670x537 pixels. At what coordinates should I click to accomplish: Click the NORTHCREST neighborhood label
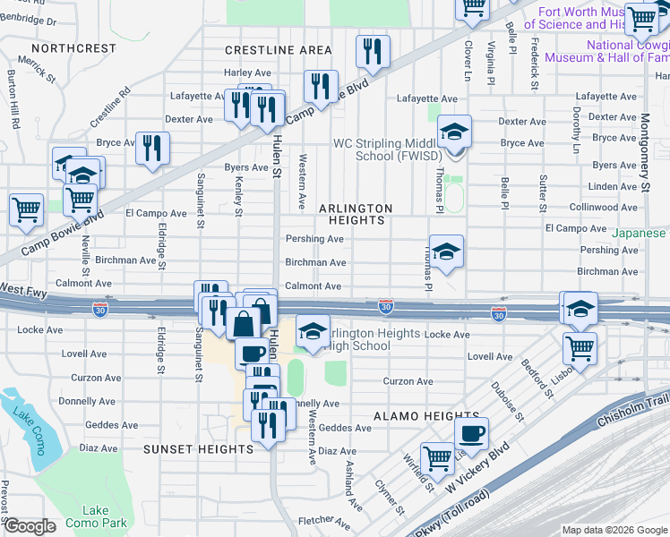73,47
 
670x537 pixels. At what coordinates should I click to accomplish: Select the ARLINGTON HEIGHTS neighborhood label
356,214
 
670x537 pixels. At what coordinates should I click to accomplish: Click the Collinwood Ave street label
605,207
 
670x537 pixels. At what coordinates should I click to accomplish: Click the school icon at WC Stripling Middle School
454,133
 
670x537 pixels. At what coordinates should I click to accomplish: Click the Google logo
29,525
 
